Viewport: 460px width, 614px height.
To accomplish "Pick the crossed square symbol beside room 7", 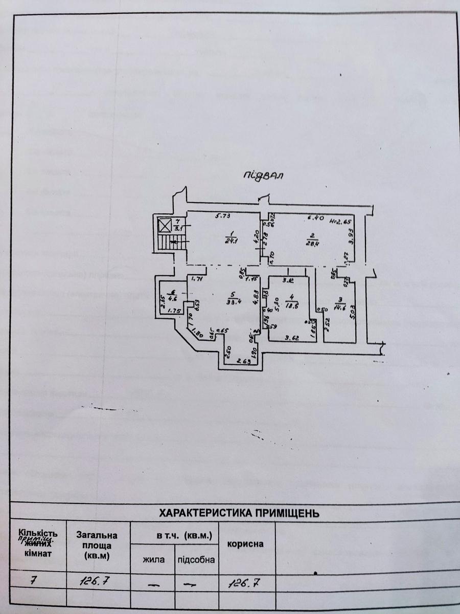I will [x=165, y=225].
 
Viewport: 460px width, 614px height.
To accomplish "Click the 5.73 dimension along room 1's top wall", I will [x=221, y=217].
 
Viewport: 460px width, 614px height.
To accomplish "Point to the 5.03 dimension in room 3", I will [x=352, y=312].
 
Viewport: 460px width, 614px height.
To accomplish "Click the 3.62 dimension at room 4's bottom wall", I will [x=291, y=338].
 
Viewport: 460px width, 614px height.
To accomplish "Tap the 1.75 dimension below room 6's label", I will [x=175, y=310].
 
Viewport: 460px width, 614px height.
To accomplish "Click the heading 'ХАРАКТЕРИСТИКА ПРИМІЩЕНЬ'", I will [x=240, y=513].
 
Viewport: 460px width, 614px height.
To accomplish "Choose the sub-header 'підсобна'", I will [x=196, y=559].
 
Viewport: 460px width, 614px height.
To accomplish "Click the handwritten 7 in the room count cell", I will [x=33, y=580].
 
